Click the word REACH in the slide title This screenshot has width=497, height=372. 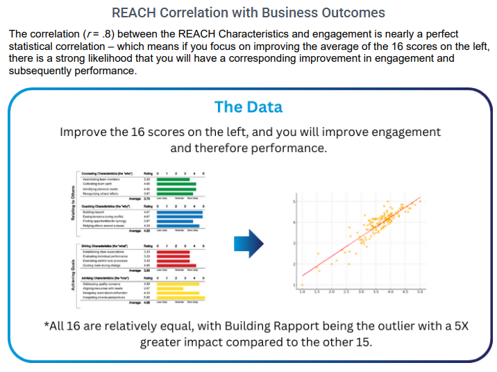pos(134,12)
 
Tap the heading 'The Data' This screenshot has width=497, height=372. pos(248,107)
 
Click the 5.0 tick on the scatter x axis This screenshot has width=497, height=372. pos(420,292)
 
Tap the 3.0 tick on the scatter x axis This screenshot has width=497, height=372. pos(361,292)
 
